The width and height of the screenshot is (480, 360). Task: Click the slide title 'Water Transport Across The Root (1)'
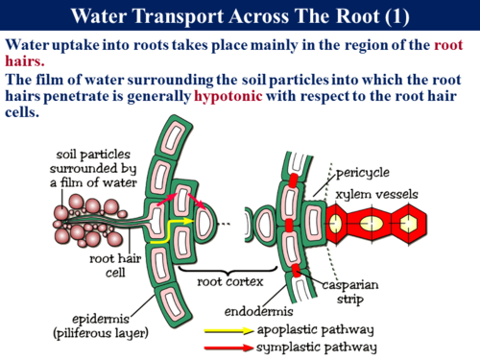pyautogui.click(x=240, y=16)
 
